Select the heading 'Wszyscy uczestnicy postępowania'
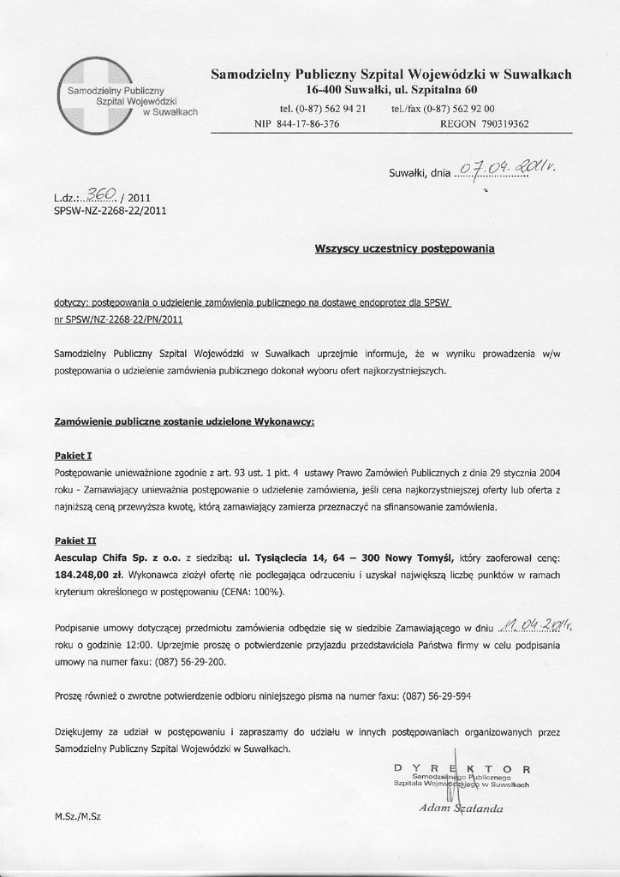(x=404, y=249)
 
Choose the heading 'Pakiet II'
(x=75, y=540)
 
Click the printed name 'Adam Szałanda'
(x=461, y=808)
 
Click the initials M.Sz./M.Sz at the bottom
(x=77, y=816)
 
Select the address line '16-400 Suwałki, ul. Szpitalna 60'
(x=391, y=90)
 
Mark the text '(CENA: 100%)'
(x=255, y=592)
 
